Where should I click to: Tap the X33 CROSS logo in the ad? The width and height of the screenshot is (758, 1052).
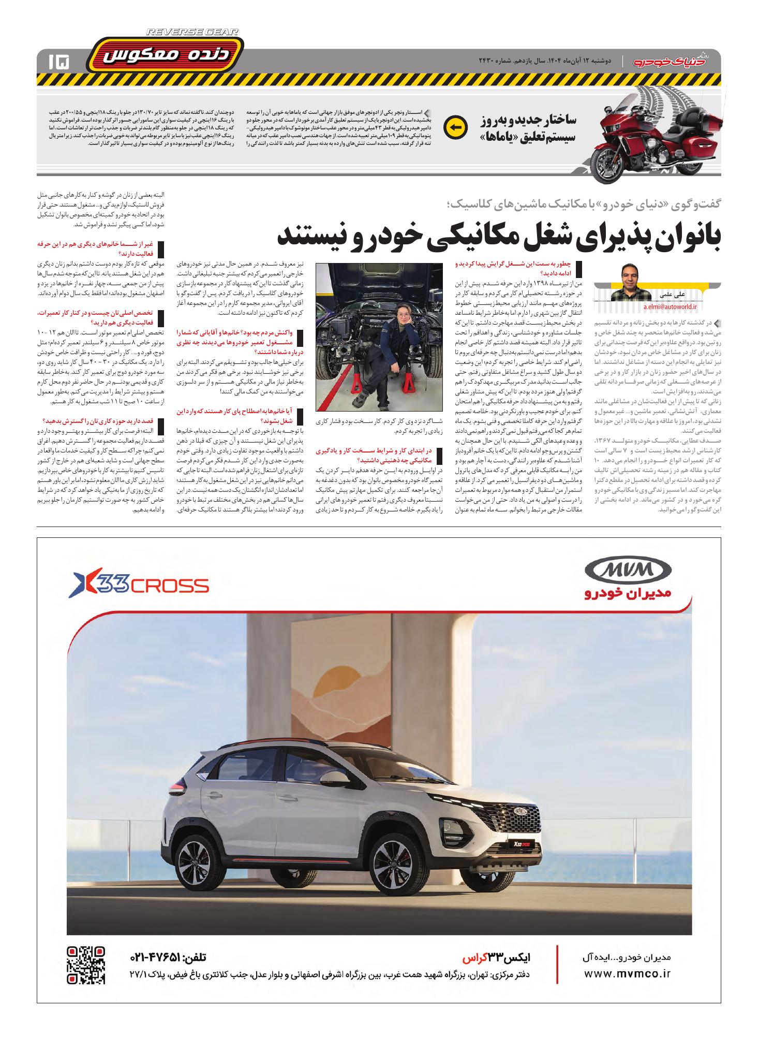(140, 585)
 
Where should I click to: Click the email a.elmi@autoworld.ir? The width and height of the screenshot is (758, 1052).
(671, 306)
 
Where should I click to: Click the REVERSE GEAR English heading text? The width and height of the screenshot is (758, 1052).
(192, 32)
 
